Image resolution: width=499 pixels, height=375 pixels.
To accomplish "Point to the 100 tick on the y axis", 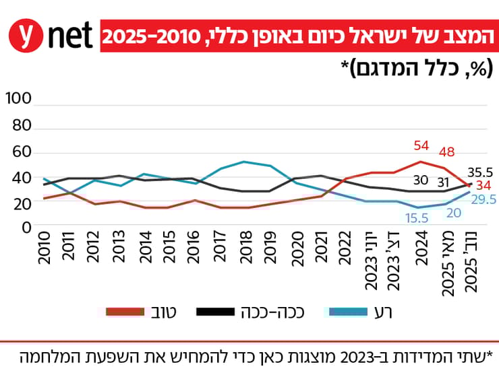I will click(x=18, y=99).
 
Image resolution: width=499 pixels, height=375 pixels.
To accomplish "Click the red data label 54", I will click(x=421, y=146).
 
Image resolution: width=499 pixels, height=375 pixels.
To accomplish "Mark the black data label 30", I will click(x=421, y=180).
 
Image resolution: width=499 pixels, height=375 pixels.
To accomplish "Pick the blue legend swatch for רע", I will click(x=346, y=312).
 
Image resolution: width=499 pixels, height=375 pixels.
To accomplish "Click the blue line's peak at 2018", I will click(x=245, y=162).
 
